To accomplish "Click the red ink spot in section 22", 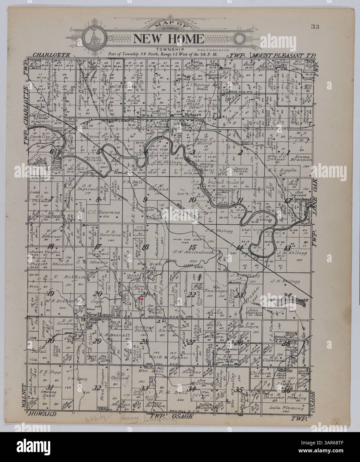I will pyautogui.click(x=200, y=276).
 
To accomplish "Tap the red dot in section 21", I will pyautogui.click(x=141, y=299).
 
